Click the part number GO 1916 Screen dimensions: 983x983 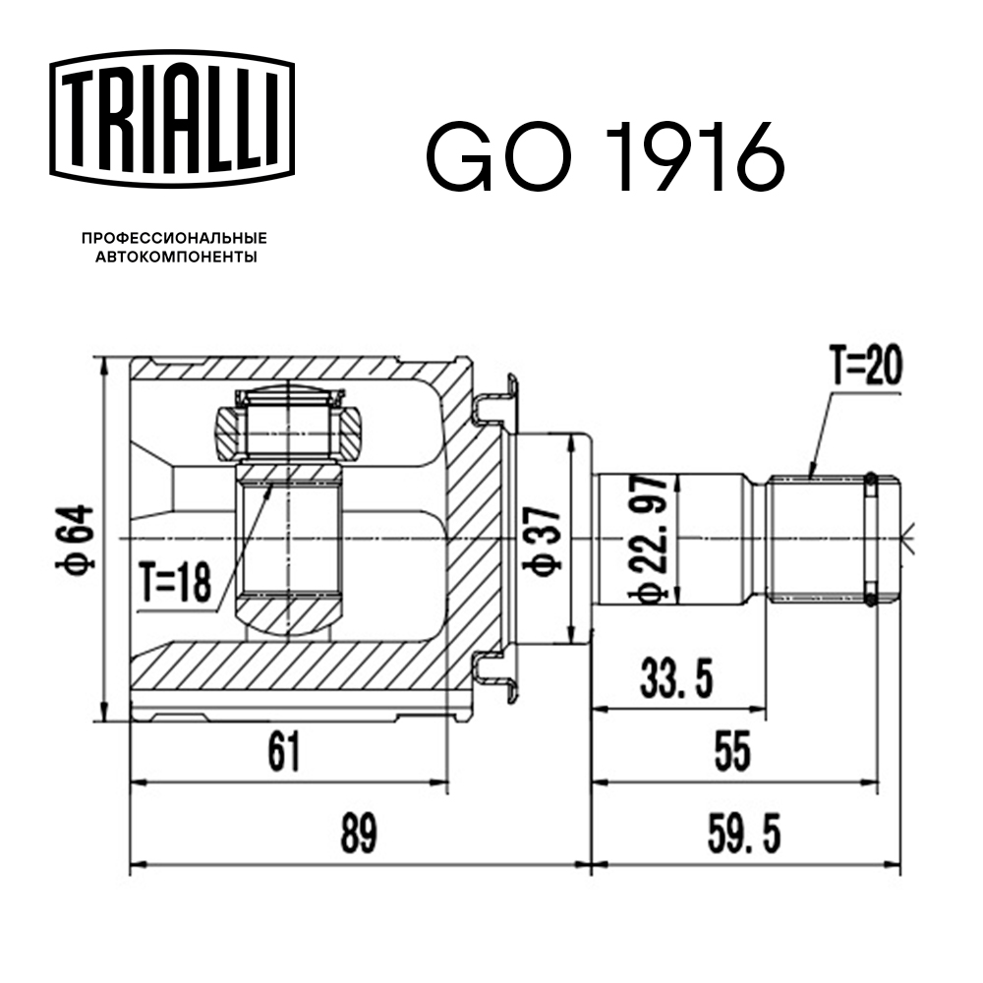point(604,156)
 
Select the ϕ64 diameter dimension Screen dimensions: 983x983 point(79,538)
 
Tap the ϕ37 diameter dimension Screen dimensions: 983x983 point(544,538)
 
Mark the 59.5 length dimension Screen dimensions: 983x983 point(743,836)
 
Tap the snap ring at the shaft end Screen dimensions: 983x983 point(870,538)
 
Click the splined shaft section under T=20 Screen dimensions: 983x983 point(816,538)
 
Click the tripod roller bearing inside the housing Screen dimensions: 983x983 point(289,425)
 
